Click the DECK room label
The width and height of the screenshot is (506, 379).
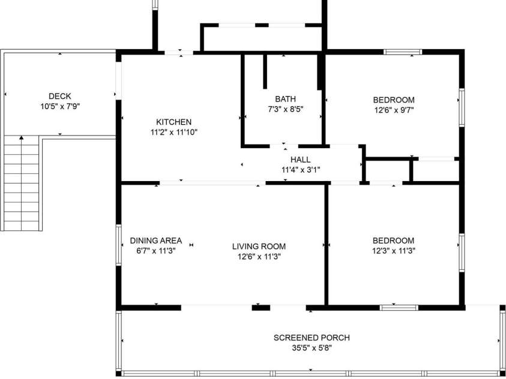tap(59, 96)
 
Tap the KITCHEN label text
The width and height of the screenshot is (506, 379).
tap(173, 122)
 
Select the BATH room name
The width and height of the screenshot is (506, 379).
tap(285, 99)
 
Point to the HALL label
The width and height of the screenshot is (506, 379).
tap(301, 160)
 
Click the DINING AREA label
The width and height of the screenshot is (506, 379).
tap(156, 240)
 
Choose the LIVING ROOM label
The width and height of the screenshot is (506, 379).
tap(259, 246)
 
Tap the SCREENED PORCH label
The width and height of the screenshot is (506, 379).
tap(312, 338)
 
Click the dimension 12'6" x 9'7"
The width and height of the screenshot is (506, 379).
tap(394, 110)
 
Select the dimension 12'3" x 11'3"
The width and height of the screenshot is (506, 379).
tap(393, 251)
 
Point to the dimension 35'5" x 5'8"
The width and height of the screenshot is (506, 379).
tap(312, 348)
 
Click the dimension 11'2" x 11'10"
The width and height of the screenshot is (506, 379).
tap(173, 132)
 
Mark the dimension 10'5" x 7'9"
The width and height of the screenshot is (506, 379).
tap(60, 106)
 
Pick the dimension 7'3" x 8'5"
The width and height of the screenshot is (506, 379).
tap(285, 109)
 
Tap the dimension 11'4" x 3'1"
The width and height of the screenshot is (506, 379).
tap(301, 170)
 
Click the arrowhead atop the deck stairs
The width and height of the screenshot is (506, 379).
tap(21, 138)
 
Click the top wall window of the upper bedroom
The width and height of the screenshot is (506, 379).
tap(403, 52)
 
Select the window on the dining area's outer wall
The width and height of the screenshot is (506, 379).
tap(119, 245)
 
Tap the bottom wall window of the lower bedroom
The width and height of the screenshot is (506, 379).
tap(399, 308)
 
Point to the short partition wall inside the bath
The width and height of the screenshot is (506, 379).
tap(265, 71)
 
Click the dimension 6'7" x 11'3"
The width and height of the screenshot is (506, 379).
tap(156, 251)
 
